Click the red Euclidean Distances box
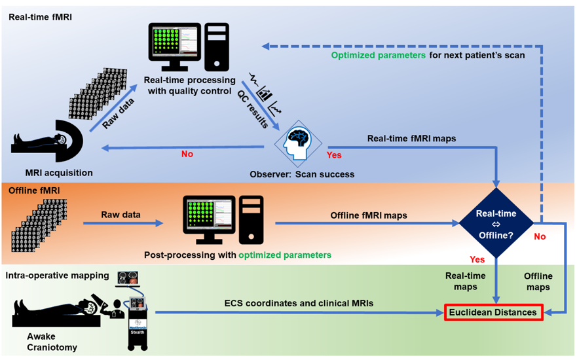(494, 313)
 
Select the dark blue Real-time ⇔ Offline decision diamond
(496, 223)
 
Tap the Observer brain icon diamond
(299, 143)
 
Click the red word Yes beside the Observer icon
(334, 156)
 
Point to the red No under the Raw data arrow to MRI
(187, 154)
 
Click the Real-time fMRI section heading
(41, 16)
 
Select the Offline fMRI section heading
(35, 191)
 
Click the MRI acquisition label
(58, 173)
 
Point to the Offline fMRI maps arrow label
(369, 215)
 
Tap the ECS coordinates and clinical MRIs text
(300, 304)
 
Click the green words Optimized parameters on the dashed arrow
(379, 56)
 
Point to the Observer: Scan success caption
(302, 175)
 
